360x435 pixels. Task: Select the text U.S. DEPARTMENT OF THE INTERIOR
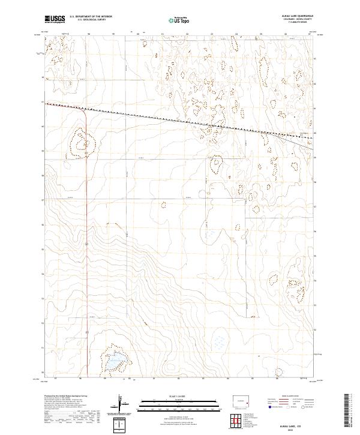point(91,17)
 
